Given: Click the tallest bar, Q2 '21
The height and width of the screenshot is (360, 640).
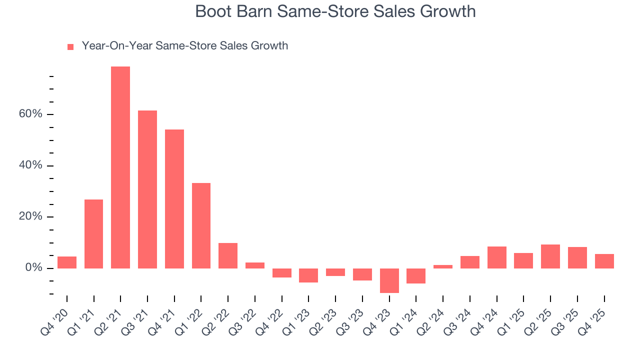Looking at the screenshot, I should point(120,167).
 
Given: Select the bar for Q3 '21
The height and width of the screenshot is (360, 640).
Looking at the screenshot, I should point(147,189).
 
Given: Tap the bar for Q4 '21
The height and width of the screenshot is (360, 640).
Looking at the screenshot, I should point(174,199).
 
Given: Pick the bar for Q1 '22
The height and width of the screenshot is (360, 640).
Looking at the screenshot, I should point(201,225).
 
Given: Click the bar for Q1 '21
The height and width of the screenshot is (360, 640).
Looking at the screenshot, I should point(94,234).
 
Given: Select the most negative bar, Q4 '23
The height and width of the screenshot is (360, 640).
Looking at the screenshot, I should point(389,280).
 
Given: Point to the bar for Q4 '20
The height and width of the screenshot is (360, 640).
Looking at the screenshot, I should point(67,262).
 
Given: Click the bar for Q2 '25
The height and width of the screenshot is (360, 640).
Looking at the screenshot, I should point(550,256).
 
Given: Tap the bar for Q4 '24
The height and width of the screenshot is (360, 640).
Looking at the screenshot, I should point(497,257).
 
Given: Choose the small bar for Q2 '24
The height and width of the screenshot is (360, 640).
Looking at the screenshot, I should point(443,266).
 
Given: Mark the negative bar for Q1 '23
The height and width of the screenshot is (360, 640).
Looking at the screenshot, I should point(308,275).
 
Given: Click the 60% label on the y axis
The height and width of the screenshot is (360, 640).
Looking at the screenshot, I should point(30,114).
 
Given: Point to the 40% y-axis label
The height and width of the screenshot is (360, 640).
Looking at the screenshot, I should point(30,166).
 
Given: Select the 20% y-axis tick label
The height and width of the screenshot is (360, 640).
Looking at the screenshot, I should point(30,217).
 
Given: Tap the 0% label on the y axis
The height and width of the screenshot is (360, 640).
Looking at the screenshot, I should point(34,268).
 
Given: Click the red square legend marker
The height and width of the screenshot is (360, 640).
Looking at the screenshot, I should point(70,46).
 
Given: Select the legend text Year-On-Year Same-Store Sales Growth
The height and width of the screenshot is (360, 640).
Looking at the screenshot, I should point(184,46).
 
